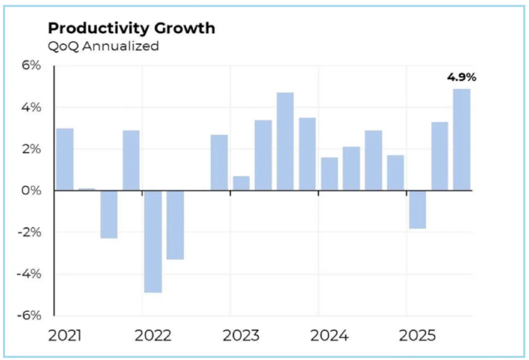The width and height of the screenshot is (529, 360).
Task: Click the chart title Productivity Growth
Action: (x=131, y=28)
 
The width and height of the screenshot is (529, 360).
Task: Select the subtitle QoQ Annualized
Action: (x=103, y=46)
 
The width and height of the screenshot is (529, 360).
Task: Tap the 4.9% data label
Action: (x=462, y=77)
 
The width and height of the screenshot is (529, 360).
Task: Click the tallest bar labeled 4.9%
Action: (x=462, y=140)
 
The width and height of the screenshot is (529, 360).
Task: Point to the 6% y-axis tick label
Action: (x=31, y=65)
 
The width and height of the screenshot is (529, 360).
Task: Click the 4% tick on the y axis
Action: (x=31, y=108)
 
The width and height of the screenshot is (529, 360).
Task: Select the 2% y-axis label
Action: (x=31, y=149)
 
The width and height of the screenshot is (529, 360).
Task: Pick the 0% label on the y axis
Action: (x=31, y=191)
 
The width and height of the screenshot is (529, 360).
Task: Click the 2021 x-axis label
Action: (x=65, y=336)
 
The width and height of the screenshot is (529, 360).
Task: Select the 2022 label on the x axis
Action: (x=153, y=336)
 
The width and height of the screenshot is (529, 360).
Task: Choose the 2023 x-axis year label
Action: (x=241, y=336)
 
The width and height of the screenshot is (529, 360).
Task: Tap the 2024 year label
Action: (x=329, y=336)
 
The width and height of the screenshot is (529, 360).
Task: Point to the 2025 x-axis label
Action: (x=418, y=336)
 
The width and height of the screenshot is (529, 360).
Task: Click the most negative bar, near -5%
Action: (x=153, y=241)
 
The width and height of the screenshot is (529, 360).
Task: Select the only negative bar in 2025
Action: (x=418, y=209)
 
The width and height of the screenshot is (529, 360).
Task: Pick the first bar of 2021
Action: (x=65, y=160)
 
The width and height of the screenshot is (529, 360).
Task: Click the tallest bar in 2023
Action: (x=285, y=142)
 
